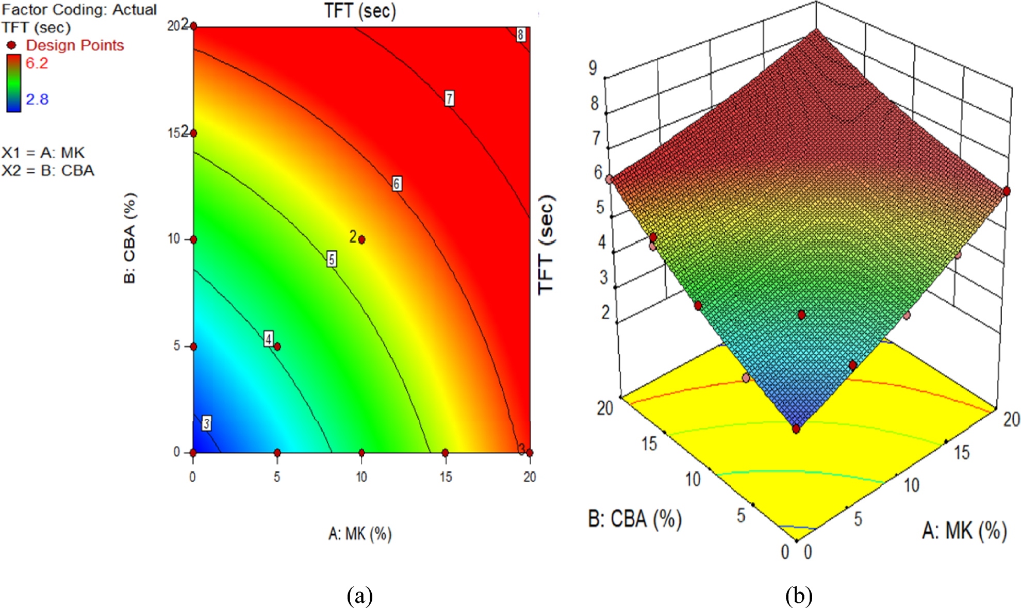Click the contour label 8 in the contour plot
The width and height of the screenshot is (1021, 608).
coord(520,35)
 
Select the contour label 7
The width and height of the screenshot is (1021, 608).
coord(449,98)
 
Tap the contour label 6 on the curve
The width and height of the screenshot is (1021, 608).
coord(396,184)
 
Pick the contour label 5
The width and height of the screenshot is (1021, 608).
coord(332,259)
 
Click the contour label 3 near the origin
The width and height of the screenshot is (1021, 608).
coord(206,423)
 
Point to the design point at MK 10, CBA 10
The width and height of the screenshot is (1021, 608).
coord(361,240)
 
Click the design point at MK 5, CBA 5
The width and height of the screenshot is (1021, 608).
coord(277,347)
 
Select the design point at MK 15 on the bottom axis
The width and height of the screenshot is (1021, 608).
coord(446,453)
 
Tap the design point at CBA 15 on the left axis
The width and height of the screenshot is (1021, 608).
coord(193,133)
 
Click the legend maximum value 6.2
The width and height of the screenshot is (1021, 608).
coord(37,63)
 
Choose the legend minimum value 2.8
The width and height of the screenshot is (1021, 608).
coord(37,99)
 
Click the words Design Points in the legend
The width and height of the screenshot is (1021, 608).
coord(75,45)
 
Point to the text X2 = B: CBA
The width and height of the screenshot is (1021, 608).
coord(48,171)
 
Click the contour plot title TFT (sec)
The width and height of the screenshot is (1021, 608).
coord(360,10)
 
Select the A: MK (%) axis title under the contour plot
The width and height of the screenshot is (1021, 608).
coord(360,533)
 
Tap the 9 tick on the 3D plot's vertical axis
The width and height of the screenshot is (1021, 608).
coord(593,68)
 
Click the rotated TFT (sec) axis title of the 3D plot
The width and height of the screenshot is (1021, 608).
coord(546,245)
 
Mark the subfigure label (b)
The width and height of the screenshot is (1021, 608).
coord(799,596)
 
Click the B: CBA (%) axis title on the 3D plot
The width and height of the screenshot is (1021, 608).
coord(635,519)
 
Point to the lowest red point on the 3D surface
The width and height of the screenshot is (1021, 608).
coord(796,429)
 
